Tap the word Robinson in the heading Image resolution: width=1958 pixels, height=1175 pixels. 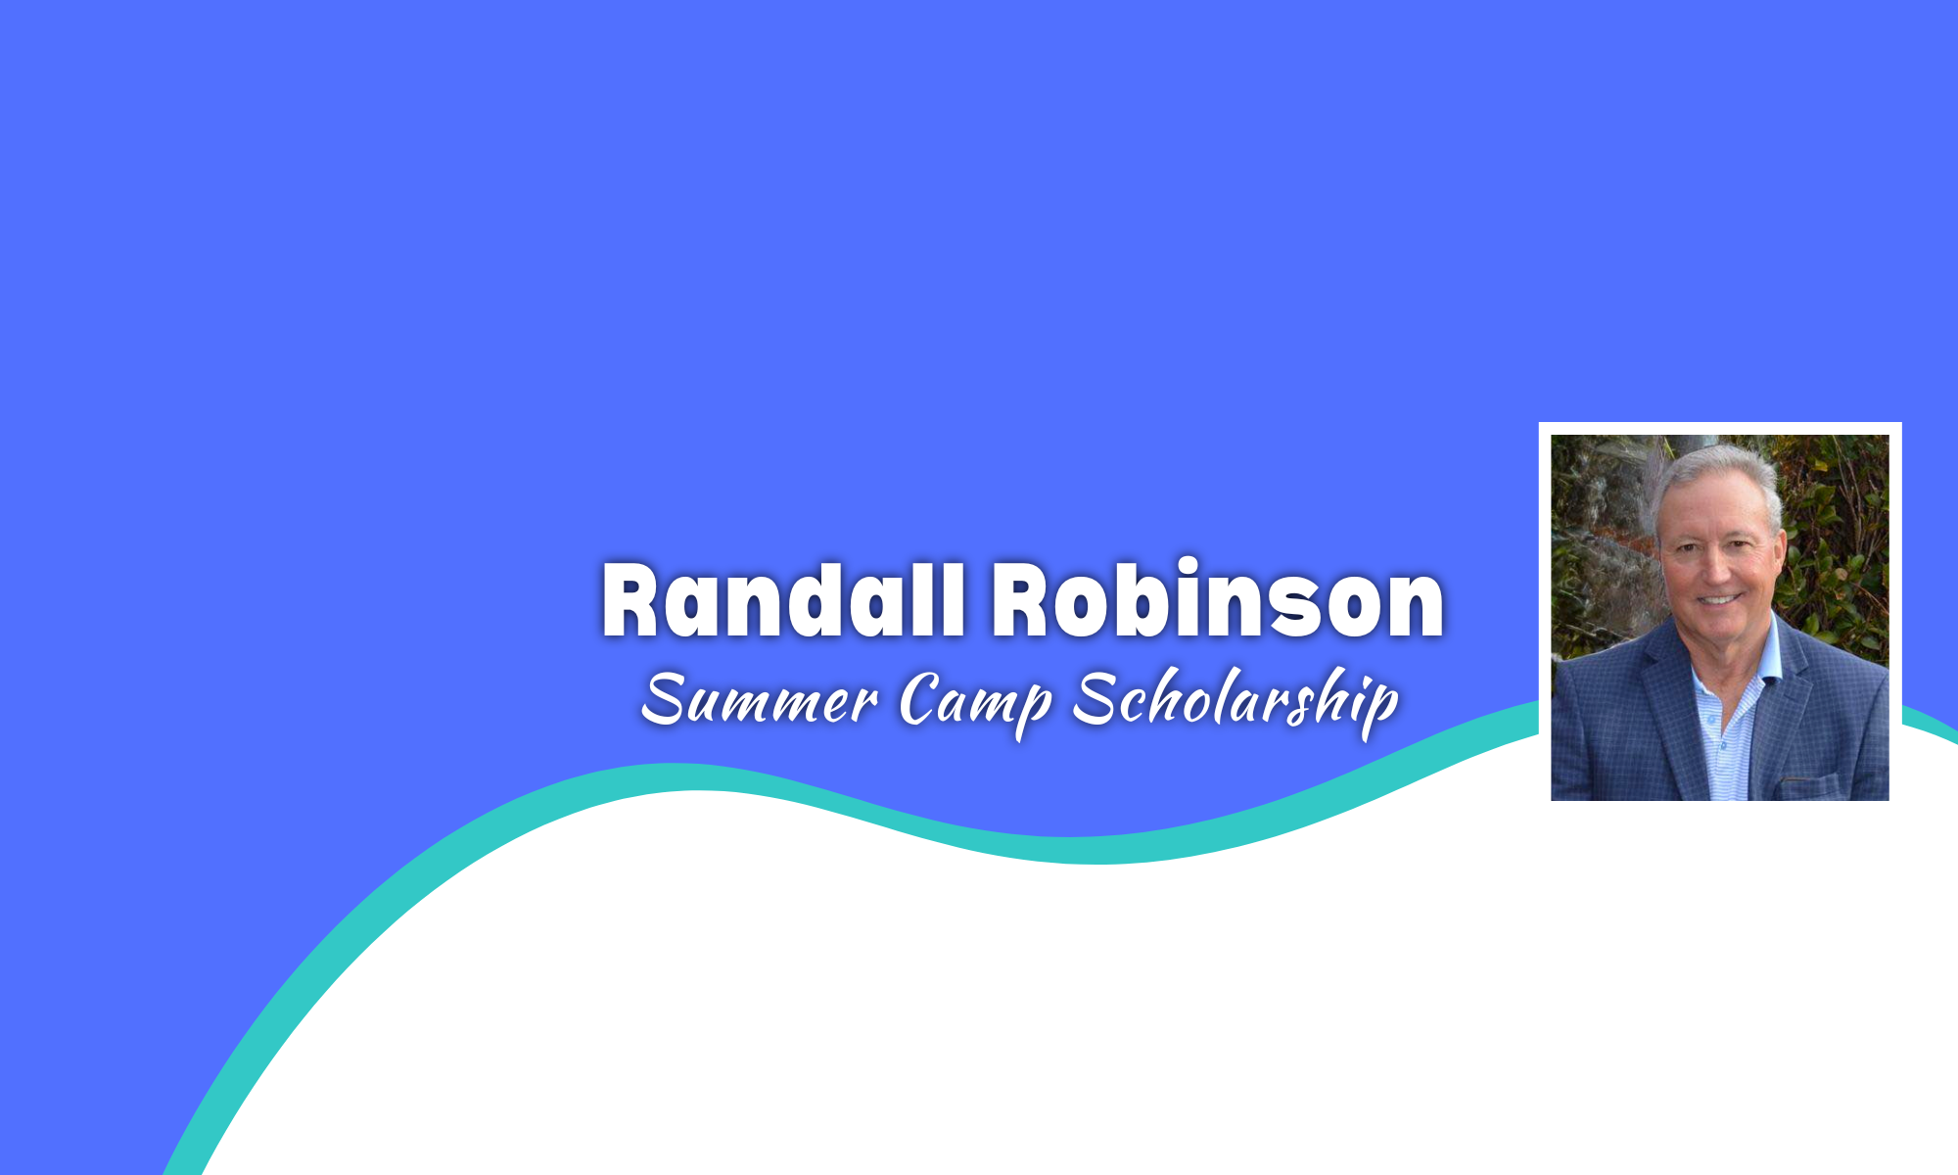pyautogui.click(x=1218, y=600)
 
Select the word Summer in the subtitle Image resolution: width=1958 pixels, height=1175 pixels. pyautogui.click(x=759, y=700)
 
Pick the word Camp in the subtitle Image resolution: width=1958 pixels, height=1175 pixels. pyautogui.click(x=975, y=700)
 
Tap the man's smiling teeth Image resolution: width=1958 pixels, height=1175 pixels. pyautogui.click(x=1719, y=599)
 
